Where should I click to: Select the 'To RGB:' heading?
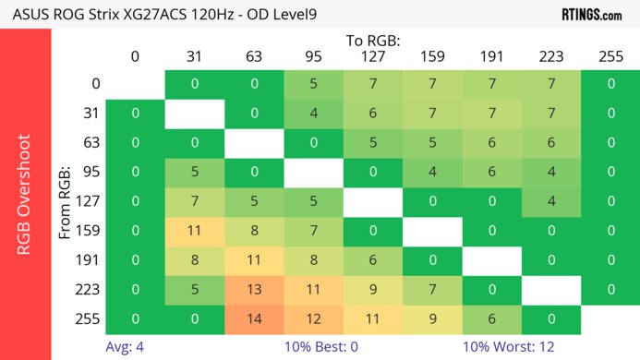point(373,41)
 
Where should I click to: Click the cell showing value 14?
point(254,321)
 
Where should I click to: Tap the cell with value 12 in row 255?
point(313,321)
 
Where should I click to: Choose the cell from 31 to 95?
point(313,114)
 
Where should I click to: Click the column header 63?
point(254,56)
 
